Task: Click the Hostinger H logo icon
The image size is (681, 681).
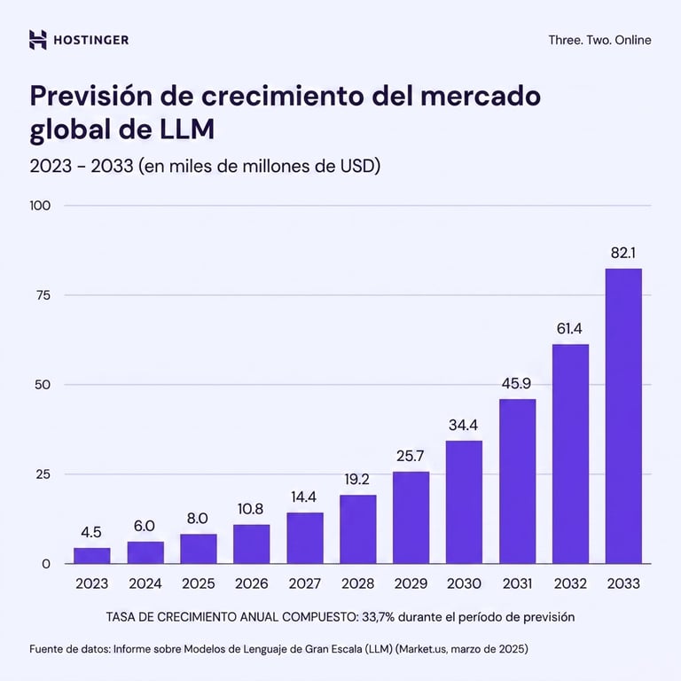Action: click(38, 40)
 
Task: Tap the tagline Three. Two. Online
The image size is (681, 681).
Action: click(599, 40)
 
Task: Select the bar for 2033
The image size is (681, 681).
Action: click(623, 416)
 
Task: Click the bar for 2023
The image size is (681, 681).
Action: click(91, 555)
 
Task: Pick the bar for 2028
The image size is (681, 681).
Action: click(358, 529)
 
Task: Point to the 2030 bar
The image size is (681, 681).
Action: click(464, 502)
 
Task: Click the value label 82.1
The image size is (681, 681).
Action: click(623, 253)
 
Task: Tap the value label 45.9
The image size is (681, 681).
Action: click(516, 383)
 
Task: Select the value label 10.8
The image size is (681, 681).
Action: click(250, 509)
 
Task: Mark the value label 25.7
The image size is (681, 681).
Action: click(410, 456)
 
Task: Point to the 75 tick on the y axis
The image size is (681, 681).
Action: click(43, 295)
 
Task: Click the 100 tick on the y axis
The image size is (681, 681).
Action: click(40, 206)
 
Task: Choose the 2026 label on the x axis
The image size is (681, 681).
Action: click(252, 583)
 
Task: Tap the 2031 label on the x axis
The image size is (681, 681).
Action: click(517, 583)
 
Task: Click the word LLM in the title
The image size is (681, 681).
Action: click(187, 129)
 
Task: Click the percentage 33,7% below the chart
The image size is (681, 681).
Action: click(378, 617)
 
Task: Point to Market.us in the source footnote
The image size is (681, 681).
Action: click(422, 649)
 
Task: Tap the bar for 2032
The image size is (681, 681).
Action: click(570, 454)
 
